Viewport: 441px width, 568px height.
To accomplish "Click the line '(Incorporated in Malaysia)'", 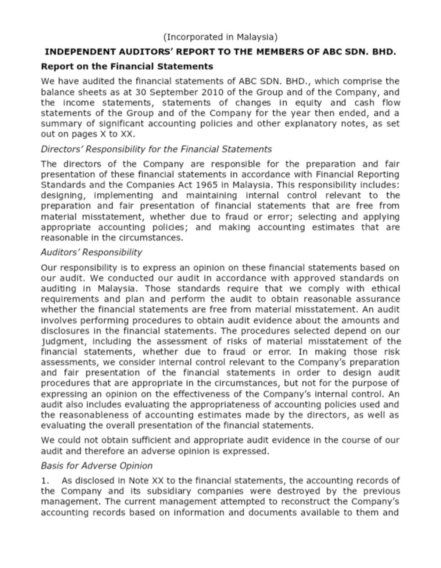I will (x=220, y=37).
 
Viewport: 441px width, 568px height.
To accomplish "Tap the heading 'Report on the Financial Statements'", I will (x=127, y=66).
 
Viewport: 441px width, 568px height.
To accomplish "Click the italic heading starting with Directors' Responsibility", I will (x=156, y=149).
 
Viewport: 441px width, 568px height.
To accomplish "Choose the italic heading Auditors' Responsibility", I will (x=91, y=252).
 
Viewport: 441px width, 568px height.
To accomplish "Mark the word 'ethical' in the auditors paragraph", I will (x=384, y=289).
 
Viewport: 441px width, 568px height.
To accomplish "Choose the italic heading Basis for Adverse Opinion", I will (x=96, y=466).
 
